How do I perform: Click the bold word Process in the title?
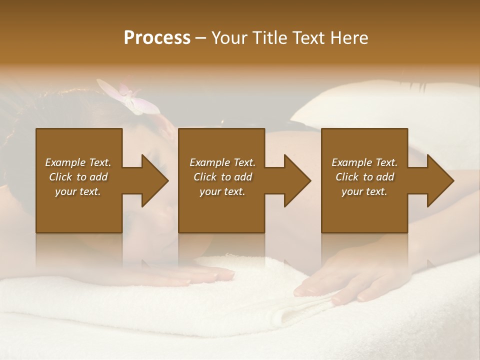(157, 38)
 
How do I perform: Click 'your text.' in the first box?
(78, 192)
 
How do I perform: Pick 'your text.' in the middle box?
(222, 192)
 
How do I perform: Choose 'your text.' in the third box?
(364, 192)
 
